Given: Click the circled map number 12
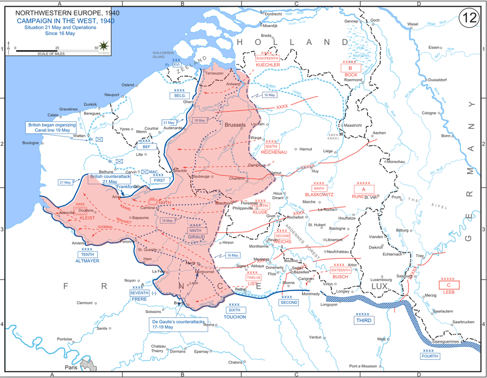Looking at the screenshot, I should pyautogui.click(x=470, y=19).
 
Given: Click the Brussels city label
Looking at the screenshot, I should pyautogui.click(x=235, y=125).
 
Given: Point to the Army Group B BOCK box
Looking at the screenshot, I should pyautogui.click(x=351, y=68).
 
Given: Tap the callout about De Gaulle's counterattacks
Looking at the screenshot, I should pyautogui.click(x=178, y=324).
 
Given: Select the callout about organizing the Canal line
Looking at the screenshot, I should pyautogui.click(x=49, y=127).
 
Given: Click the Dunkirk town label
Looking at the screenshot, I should pyautogui.click(x=90, y=104).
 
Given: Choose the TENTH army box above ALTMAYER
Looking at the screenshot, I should pyautogui.click(x=87, y=255).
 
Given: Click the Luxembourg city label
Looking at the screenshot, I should pyautogui.click(x=381, y=280).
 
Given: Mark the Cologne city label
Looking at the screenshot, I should pyautogui.click(x=429, y=113).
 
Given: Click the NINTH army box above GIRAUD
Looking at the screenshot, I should pyautogui.click(x=195, y=230).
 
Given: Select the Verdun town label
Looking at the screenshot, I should pyautogui.click(x=315, y=337).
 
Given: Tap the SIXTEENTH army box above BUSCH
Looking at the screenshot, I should pyautogui.click(x=340, y=270).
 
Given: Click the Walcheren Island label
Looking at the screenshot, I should pyautogui.click(x=163, y=55).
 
